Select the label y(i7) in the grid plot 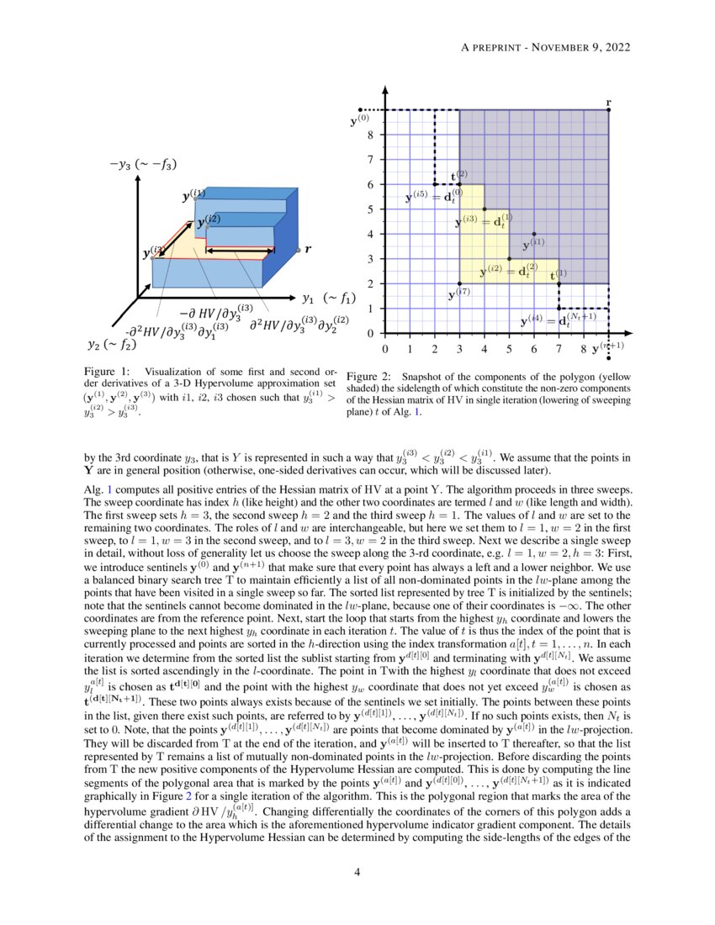click(x=458, y=295)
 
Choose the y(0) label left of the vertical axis click(x=359, y=122)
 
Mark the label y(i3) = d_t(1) click(x=484, y=222)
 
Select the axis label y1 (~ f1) click(x=329, y=297)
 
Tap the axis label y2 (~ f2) click(x=115, y=343)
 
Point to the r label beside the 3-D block click(x=307, y=249)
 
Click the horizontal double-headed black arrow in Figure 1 click(x=235, y=251)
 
